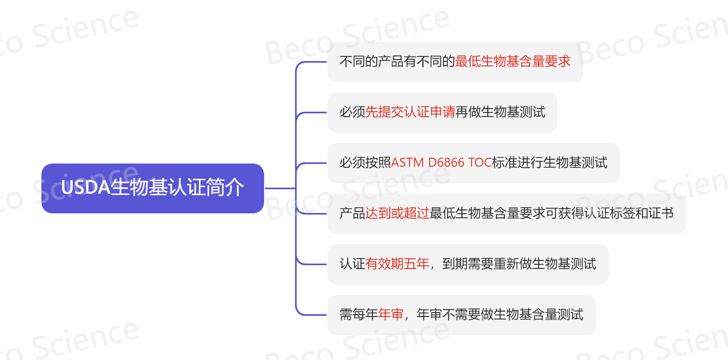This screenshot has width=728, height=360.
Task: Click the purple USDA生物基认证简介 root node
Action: (x=153, y=188)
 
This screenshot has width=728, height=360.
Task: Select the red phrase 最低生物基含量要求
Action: (x=513, y=61)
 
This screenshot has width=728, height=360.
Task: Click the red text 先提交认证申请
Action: (x=410, y=112)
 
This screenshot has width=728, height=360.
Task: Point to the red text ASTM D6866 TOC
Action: (x=441, y=163)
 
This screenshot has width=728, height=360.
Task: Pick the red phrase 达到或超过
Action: (x=398, y=213)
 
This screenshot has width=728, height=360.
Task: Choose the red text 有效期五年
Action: (x=398, y=264)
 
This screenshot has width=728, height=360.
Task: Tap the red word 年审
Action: (x=391, y=315)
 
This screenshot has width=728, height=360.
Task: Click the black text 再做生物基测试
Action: (x=500, y=112)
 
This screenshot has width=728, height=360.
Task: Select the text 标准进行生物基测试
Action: (x=550, y=163)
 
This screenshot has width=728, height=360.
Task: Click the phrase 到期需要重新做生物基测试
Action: (x=519, y=264)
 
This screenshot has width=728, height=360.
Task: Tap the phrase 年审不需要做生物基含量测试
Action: (x=500, y=315)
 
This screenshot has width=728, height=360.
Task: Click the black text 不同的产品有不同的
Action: (x=398, y=61)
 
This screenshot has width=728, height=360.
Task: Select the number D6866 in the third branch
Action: (x=446, y=163)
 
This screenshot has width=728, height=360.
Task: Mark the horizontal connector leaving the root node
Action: (x=280, y=188)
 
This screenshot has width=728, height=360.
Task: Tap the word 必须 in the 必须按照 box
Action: (x=353, y=163)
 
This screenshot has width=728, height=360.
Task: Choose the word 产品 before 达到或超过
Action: (x=353, y=213)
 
